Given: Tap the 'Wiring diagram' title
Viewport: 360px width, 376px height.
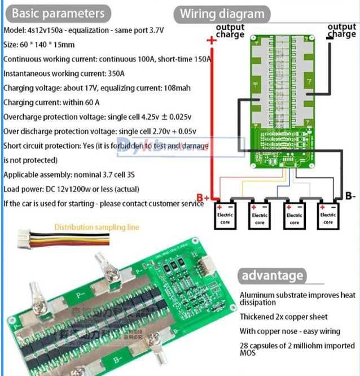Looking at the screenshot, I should (x=221, y=14).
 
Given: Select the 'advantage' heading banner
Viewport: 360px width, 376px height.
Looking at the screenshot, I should (x=272, y=276).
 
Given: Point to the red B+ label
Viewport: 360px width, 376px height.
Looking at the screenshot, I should (x=203, y=198).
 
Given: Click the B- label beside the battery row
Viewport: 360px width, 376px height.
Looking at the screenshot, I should (x=350, y=197).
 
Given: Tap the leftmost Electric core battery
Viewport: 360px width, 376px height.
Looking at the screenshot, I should (x=225, y=215).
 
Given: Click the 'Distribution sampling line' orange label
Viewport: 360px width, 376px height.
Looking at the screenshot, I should (x=96, y=227).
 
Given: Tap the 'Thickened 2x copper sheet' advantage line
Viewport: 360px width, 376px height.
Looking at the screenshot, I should (x=283, y=317).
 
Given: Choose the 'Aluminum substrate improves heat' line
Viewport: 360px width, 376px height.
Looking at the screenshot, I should (x=297, y=295).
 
